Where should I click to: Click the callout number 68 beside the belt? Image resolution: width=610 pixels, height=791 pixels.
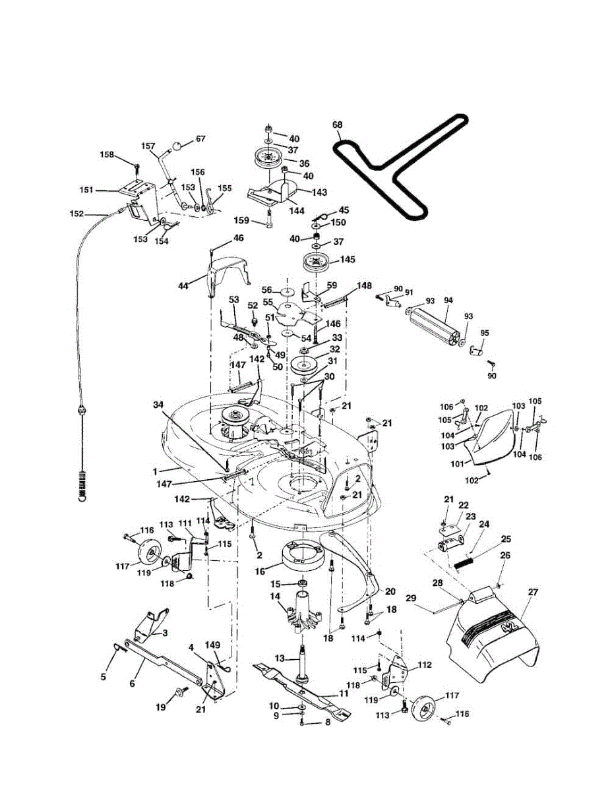(338, 125)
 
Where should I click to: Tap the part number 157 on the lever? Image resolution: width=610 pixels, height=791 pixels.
(149, 145)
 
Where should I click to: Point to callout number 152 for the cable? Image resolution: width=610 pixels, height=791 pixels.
(76, 213)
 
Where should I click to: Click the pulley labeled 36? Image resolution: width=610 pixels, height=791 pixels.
(267, 160)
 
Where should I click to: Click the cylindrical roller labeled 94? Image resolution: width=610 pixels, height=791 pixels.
(432, 323)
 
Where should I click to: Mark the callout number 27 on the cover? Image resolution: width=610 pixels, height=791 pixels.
(533, 593)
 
